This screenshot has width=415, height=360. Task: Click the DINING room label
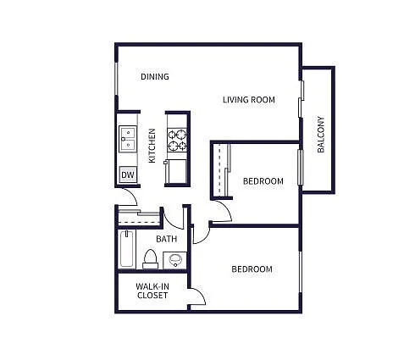click(154, 77)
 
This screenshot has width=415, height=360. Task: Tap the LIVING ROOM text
click(249, 100)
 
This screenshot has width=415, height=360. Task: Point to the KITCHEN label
click(152, 145)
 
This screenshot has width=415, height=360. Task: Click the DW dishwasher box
click(127, 175)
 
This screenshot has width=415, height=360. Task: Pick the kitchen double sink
click(127, 137)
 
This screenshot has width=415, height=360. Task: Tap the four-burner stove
click(177, 140)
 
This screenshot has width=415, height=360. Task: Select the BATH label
click(166, 239)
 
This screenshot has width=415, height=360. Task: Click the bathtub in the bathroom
click(126, 249)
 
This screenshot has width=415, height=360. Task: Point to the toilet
click(150, 258)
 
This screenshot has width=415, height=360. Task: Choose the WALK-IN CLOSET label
click(152, 291)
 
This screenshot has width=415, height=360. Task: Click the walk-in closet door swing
click(196, 296)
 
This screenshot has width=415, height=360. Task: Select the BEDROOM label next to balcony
click(263, 180)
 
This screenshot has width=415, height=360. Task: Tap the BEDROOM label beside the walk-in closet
click(252, 269)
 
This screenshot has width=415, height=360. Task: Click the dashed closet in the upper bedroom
click(224, 169)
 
